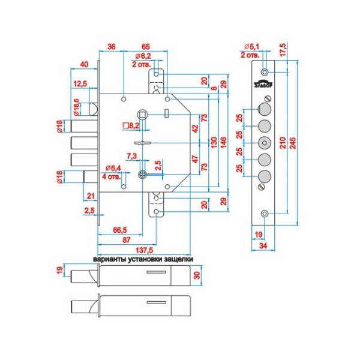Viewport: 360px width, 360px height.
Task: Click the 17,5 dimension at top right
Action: pyautogui.click(x=281, y=50)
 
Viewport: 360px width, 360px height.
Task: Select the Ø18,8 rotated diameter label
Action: pyautogui.click(x=76, y=107)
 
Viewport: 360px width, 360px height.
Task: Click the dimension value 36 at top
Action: pyautogui.click(x=111, y=46)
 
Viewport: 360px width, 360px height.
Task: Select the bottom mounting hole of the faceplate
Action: pyautogui.click(x=265, y=212)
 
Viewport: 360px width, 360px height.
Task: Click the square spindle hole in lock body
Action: pyautogui.click(x=144, y=113)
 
